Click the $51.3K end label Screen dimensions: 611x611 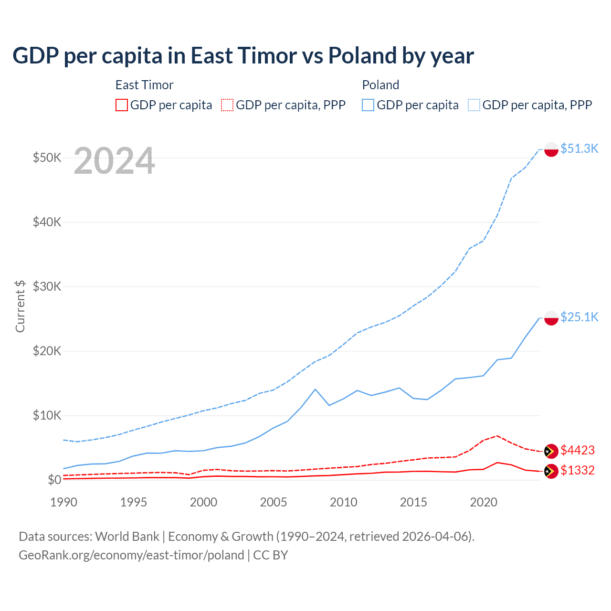tap(579, 148)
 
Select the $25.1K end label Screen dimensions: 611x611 tap(579, 317)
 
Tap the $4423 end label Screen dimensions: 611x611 tap(578, 450)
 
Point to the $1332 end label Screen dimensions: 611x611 tap(578, 470)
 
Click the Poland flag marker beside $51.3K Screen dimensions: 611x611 tap(551, 149)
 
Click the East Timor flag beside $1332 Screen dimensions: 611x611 tap(551, 471)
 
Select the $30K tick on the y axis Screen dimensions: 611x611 tap(47, 286)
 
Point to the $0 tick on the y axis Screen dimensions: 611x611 tap(54, 480)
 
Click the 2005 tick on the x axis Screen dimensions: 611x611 tap(274, 502)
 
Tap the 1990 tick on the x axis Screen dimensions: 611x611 tap(63, 502)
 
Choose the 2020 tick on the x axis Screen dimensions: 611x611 tap(484, 502)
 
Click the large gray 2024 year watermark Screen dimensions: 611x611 tap(114, 161)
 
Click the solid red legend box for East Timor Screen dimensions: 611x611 tap(122, 105)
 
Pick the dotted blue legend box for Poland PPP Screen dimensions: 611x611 tap(474, 105)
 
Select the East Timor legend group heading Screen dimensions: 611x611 tap(144, 85)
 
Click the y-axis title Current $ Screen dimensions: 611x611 tap(20, 306)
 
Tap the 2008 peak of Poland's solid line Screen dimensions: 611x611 tap(315, 389)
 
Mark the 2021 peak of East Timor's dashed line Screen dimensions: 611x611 tap(497, 435)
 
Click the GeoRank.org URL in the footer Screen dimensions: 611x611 tap(131, 555)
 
